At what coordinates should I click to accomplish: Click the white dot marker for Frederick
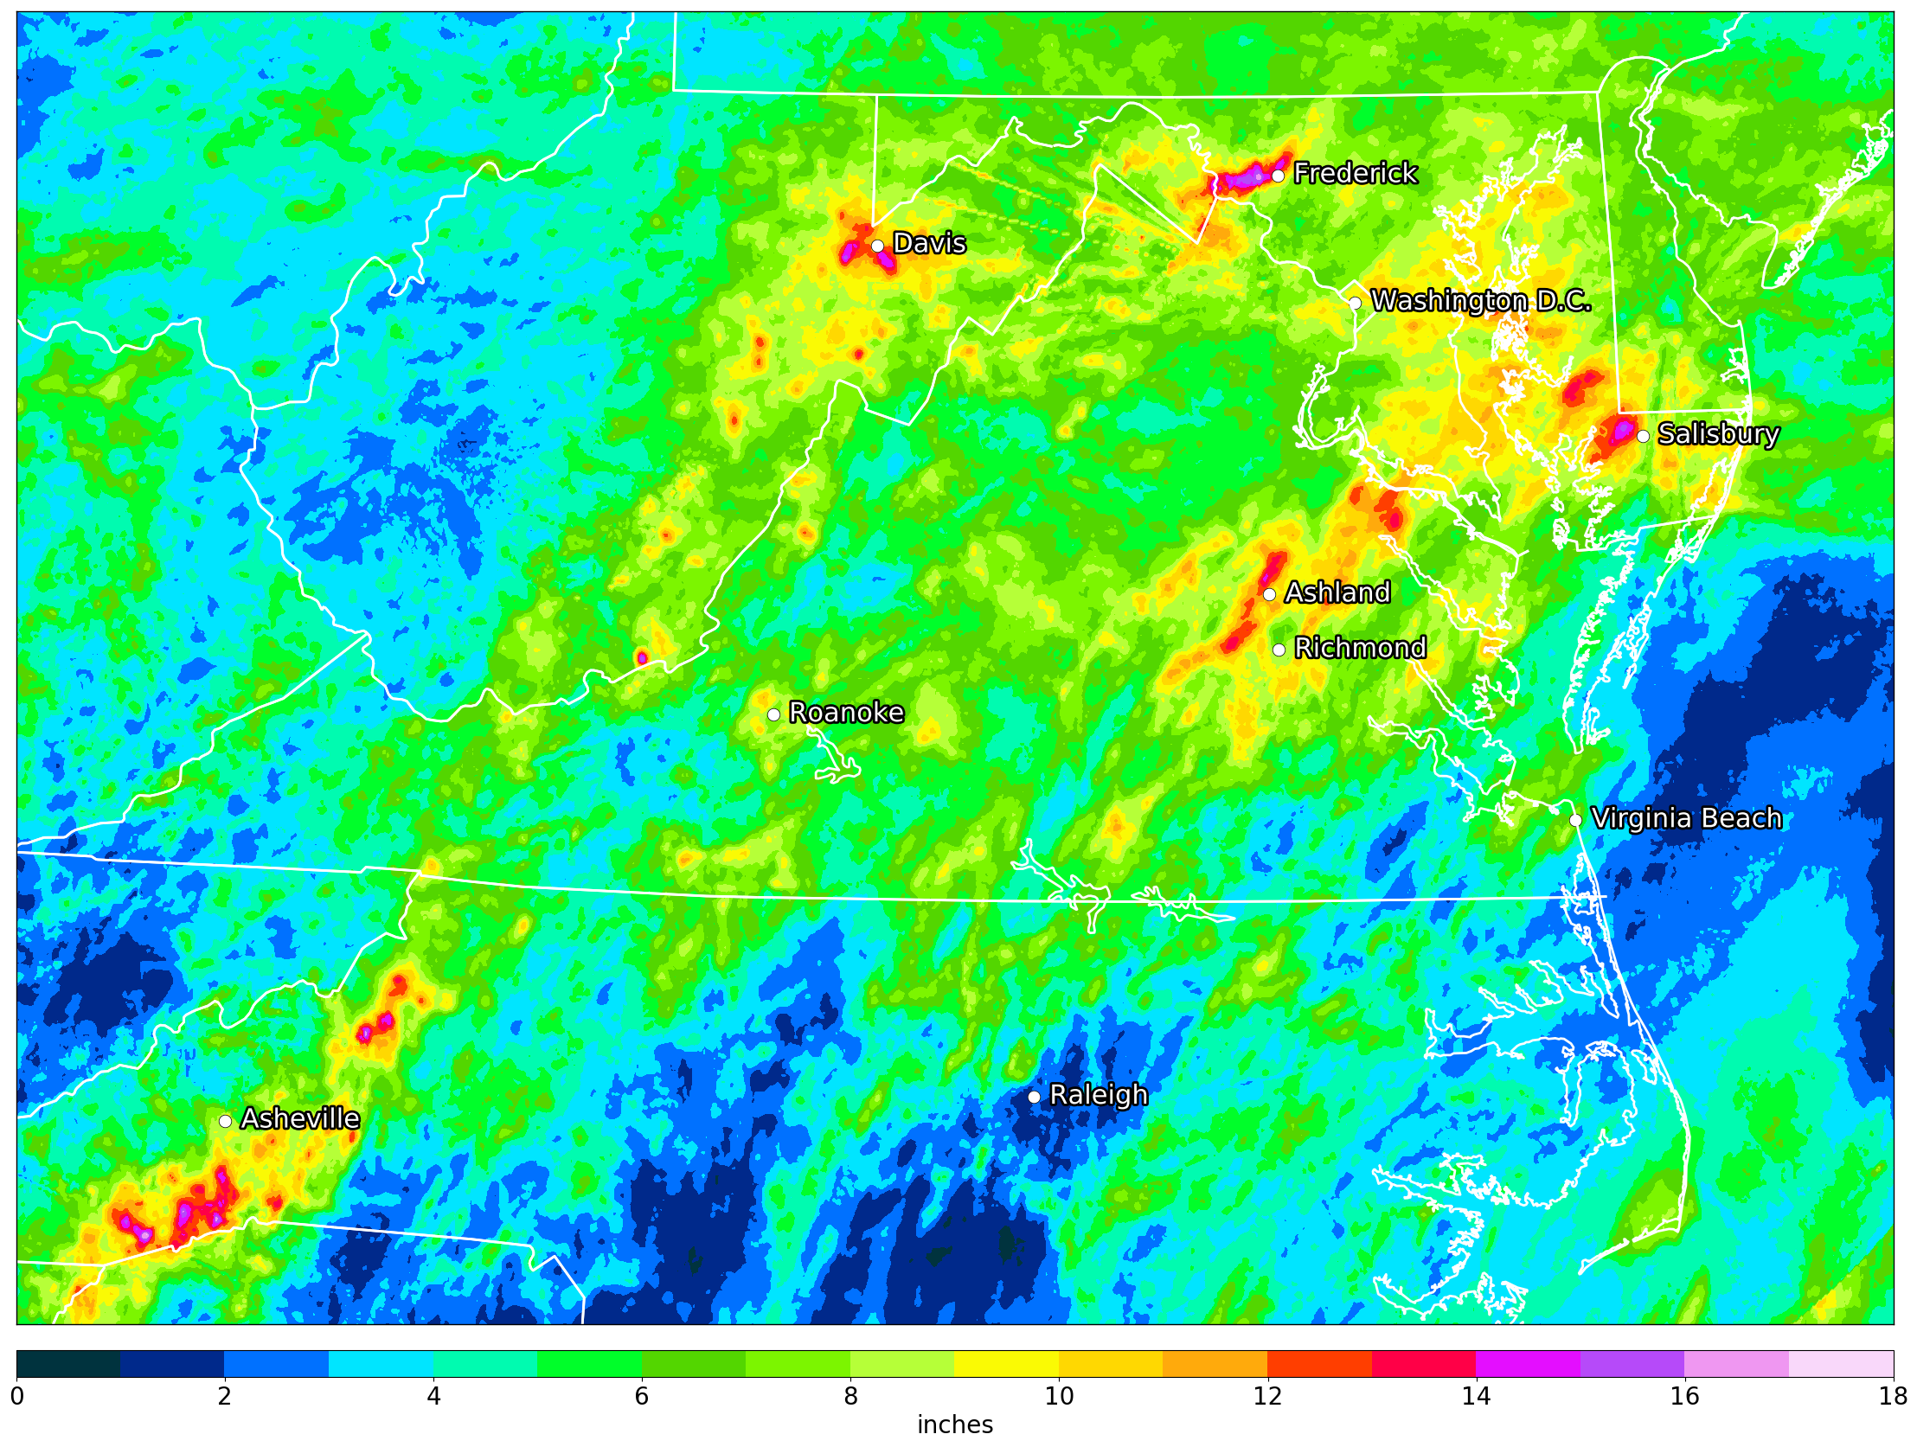[x=1278, y=176]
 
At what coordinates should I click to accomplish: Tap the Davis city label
[x=929, y=244]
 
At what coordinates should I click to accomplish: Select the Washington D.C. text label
[x=1480, y=301]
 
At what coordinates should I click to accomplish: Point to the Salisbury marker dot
[x=1642, y=436]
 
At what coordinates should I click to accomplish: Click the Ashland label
[x=1337, y=592]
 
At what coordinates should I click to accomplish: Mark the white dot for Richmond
[x=1279, y=650]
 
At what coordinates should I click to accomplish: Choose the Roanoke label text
[x=846, y=713]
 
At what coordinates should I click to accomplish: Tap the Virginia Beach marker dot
[x=1575, y=820]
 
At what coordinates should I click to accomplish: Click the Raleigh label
[x=1098, y=1095]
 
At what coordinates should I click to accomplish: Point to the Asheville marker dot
[x=224, y=1121]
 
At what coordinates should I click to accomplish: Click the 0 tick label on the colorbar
[x=16, y=1396]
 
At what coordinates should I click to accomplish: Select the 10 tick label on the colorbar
[x=1059, y=1396]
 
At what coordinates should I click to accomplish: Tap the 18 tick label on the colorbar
[x=1893, y=1396]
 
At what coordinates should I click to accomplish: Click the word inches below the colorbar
[x=954, y=1425]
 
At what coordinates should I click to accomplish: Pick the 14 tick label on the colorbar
[x=1476, y=1396]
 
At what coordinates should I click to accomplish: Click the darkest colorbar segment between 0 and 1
[x=68, y=1364]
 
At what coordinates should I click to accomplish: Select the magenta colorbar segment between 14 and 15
[x=1528, y=1364]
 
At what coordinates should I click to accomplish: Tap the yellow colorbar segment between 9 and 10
[x=1006, y=1364]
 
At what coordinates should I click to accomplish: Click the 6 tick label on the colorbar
[x=641, y=1396]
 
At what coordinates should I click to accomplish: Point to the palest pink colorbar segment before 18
[x=1841, y=1364]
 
